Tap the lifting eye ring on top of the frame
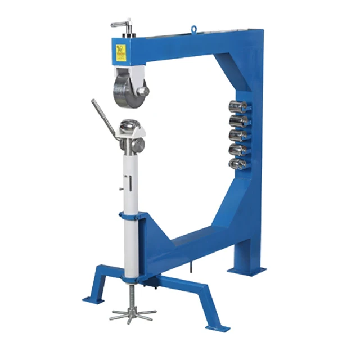coord(195,28)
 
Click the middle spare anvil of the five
coord(239,136)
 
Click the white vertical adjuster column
coord(131,225)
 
